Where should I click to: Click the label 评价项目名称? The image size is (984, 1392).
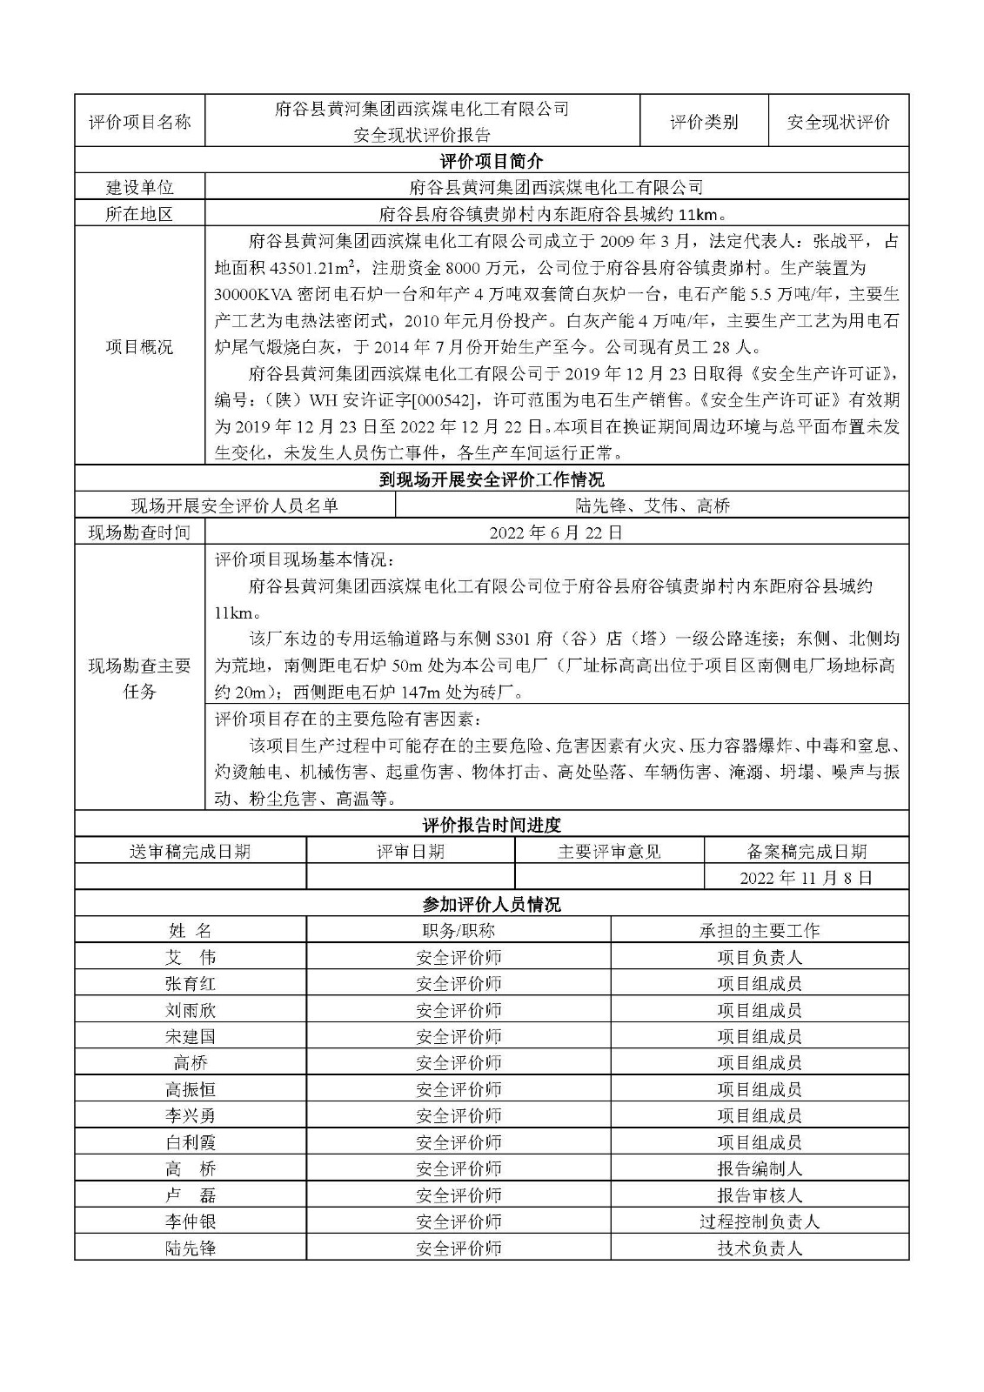[x=139, y=122]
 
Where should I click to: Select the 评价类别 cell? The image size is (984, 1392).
[x=704, y=122]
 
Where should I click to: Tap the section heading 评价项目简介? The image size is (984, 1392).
[x=492, y=161]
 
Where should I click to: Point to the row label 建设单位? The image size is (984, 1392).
[x=139, y=187]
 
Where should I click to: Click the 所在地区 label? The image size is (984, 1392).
[x=139, y=214]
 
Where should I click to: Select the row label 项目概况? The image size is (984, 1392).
[x=139, y=347]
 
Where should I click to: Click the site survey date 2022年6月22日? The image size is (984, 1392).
[x=556, y=532]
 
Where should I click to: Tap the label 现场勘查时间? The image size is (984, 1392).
[x=139, y=532]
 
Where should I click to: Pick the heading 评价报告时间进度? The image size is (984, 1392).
[x=492, y=825]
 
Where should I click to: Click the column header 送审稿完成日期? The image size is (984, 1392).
[x=190, y=851]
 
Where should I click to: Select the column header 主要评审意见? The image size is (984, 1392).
[x=609, y=851]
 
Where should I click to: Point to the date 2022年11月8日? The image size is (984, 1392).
[x=806, y=877]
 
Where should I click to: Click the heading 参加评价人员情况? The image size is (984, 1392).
[x=492, y=904]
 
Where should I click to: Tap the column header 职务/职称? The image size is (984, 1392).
[x=459, y=930]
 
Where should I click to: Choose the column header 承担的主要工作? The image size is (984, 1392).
[x=760, y=930]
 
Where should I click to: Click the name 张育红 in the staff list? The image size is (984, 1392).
[x=190, y=983]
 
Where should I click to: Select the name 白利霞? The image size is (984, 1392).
[x=190, y=1142]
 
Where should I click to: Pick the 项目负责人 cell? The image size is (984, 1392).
[x=760, y=957]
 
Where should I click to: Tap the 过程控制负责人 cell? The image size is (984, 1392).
[x=760, y=1221]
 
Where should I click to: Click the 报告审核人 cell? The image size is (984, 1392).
[x=760, y=1195]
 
